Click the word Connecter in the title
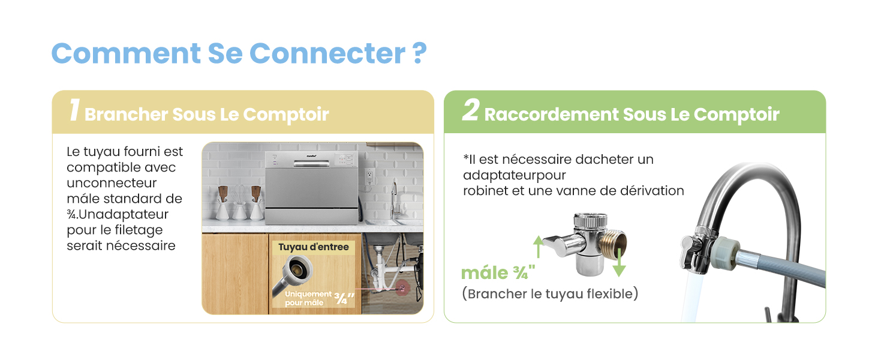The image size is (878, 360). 327,53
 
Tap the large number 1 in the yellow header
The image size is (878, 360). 74,111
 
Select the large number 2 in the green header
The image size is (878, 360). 470,111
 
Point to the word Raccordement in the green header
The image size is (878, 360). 552,114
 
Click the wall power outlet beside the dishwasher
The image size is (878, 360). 370,175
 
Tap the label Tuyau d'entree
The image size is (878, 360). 313,247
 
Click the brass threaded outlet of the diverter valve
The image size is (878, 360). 614,241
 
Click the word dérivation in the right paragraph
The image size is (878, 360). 656,190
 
